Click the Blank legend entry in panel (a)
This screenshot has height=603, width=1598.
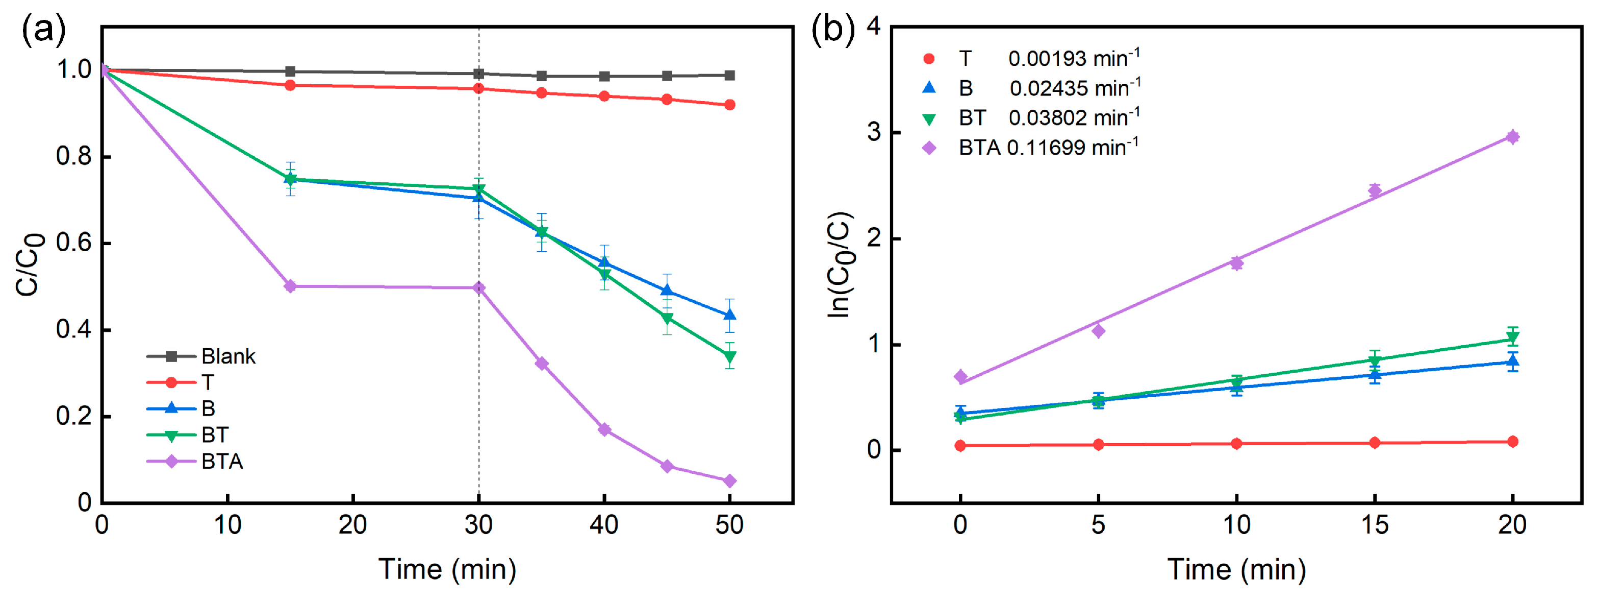point(227,356)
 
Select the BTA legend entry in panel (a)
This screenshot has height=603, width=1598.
point(221,462)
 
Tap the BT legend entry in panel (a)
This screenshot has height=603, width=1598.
point(215,435)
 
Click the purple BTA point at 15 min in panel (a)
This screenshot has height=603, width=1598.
point(290,286)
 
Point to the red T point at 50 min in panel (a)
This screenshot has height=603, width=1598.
point(729,105)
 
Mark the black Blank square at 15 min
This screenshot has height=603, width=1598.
point(290,71)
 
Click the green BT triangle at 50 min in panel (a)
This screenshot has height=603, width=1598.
point(729,356)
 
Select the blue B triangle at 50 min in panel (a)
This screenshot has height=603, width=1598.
point(729,315)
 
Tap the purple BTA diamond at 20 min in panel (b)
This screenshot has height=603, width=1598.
point(1512,137)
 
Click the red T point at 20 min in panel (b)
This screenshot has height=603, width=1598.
point(1512,442)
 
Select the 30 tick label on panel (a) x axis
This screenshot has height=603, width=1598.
point(478,525)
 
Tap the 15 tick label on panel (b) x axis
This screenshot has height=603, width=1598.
point(1374,525)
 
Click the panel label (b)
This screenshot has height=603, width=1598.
point(832,30)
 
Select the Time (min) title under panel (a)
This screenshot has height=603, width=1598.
point(447,569)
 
